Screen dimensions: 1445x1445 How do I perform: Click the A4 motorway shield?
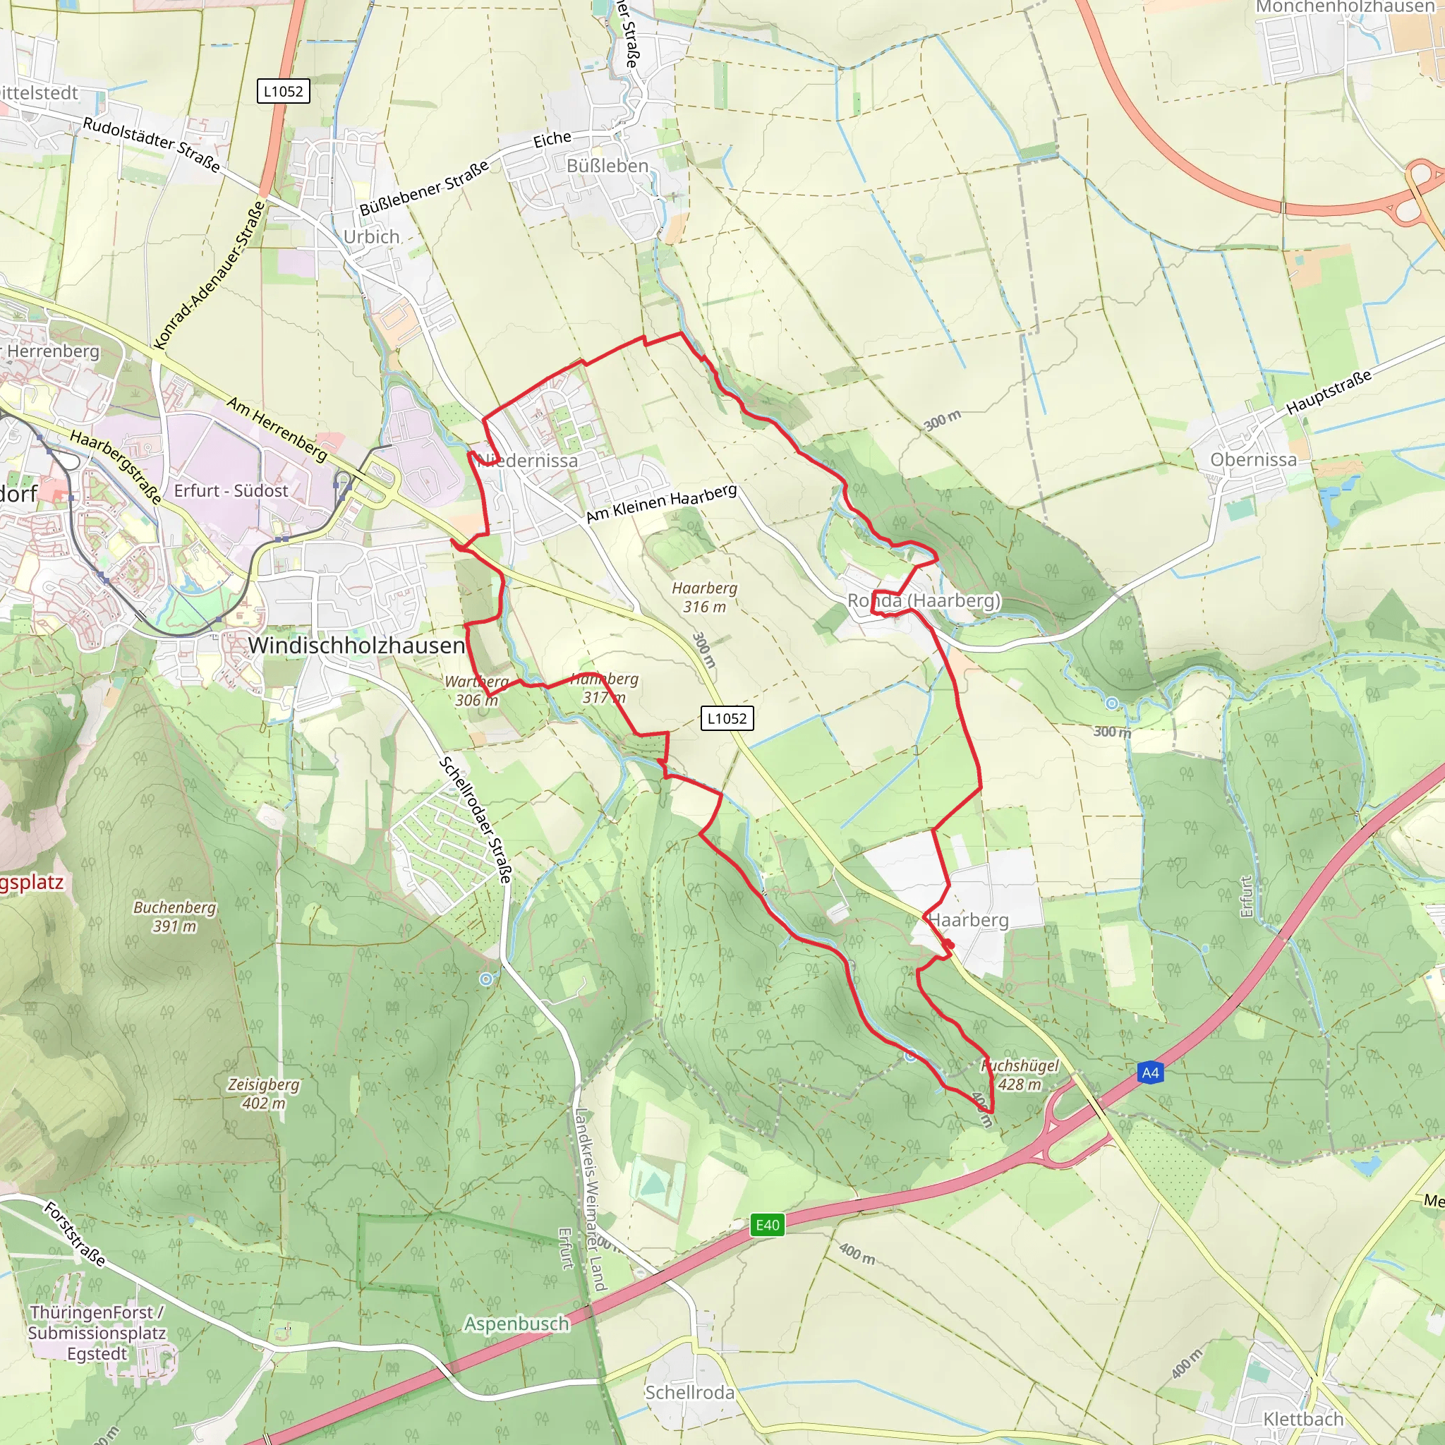click(x=1150, y=1073)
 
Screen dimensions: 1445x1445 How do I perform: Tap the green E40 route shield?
click(x=768, y=1225)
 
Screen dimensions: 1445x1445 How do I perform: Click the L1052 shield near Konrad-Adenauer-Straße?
click(x=284, y=91)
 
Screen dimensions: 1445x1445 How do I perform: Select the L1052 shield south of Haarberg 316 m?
click(x=727, y=718)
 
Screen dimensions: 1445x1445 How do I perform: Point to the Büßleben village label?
click(x=607, y=166)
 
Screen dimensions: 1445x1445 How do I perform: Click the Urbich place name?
click(x=372, y=236)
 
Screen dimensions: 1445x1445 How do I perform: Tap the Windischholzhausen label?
click(x=356, y=646)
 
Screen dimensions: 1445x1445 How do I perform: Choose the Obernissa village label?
click(x=1254, y=460)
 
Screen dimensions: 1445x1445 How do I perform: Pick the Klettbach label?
click(x=1303, y=1420)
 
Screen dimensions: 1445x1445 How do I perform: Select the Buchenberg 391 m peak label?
click(x=175, y=917)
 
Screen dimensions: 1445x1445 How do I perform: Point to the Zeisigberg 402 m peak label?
click(x=264, y=1094)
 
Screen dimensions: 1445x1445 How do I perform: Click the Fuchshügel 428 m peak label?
click(x=1020, y=1075)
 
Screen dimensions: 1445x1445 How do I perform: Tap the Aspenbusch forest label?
click(x=516, y=1324)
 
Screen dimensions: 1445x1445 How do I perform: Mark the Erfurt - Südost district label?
click(x=231, y=490)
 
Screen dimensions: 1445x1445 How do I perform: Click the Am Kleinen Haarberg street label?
click(x=661, y=503)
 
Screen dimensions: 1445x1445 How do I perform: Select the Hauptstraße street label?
click(x=1329, y=392)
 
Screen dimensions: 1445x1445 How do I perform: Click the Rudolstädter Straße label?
click(x=152, y=145)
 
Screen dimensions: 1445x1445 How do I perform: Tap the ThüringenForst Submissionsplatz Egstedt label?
click(x=97, y=1333)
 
